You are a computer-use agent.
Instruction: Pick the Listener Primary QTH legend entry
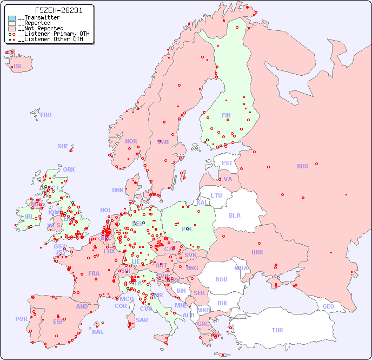pos(49,34)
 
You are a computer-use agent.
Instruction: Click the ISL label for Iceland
pos(18,67)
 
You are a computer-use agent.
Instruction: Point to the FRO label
pos(46,115)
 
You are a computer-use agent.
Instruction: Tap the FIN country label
pos(226,115)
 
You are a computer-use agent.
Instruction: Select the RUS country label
pos(302,166)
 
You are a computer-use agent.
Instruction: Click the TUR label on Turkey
pos(277,330)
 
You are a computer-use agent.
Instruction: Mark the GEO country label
pos(328,306)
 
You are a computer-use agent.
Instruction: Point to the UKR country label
pos(257,252)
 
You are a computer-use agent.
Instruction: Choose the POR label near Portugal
pos(21,319)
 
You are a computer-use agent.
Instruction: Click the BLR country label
pos(235,215)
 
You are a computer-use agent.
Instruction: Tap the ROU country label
pos(221,279)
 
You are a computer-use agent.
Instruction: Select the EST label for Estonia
pos(227,163)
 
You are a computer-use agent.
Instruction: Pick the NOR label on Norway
pos(131,141)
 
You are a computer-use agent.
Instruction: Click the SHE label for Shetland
pos(63,146)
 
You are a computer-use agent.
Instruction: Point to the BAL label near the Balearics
pos(98,332)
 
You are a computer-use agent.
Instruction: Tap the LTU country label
pos(216,195)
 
